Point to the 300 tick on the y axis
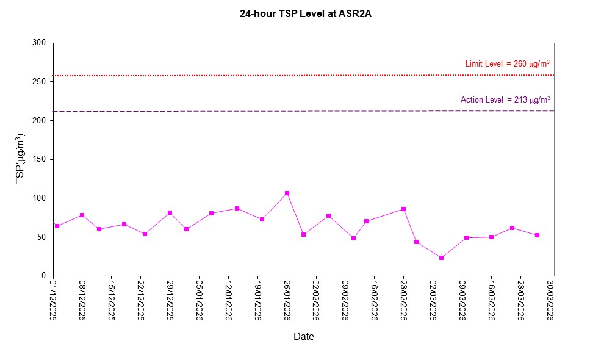click(x=40, y=43)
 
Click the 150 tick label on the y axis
click(x=40, y=159)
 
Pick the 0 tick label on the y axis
click(x=44, y=276)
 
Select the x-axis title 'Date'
click(x=304, y=336)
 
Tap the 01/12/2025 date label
click(x=53, y=300)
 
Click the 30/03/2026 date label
click(x=550, y=300)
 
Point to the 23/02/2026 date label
click(x=403, y=300)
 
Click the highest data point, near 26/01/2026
click(x=287, y=193)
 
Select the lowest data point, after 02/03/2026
click(x=441, y=257)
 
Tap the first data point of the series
click(x=57, y=226)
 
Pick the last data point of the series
click(x=537, y=235)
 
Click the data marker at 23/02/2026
click(x=403, y=209)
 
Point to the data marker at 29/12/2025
click(x=170, y=212)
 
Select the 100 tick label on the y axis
click(x=40, y=198)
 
